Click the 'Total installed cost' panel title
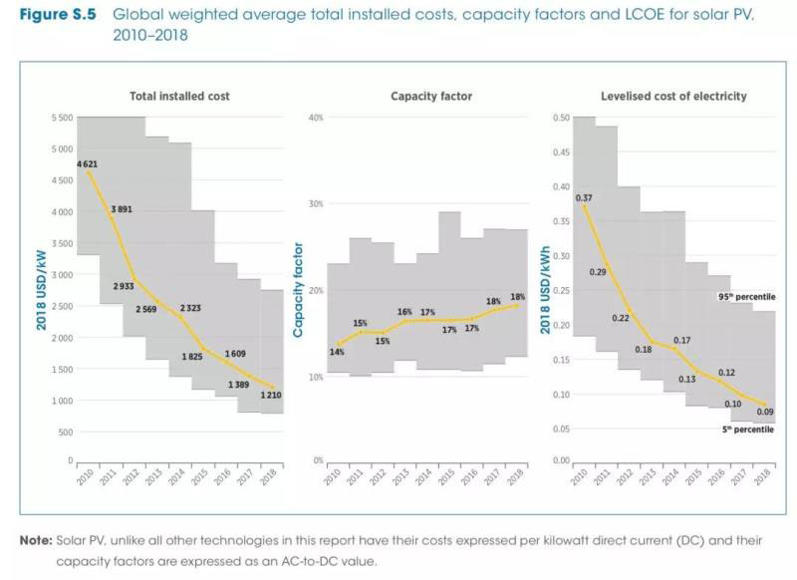click(179, 97)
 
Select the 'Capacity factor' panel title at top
click(431, 97)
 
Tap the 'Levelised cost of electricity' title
click(673, 97)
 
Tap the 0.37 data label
click(584, 197)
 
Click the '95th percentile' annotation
click(746, 297)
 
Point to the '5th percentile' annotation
click(748, 430)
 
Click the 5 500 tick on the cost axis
click(59, 118)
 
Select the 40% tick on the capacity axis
click(316, 118)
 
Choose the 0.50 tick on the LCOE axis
click(561, 118)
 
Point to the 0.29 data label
click(598, 271)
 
